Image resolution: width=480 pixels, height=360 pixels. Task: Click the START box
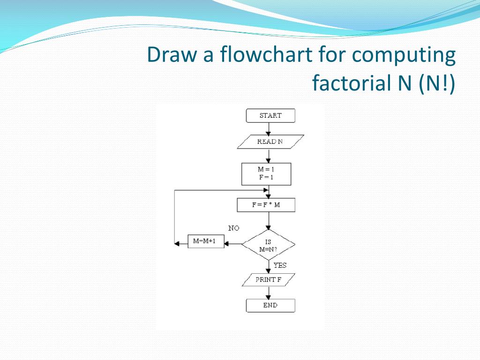(270, 116)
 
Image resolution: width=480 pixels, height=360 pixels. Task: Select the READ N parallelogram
(270, 142)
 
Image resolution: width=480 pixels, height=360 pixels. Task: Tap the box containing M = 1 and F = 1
(266, 174)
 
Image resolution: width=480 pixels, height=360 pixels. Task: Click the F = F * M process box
(266, 205)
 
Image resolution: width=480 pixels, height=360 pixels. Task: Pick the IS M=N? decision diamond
(269, 245)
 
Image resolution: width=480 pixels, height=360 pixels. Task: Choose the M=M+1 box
(206, 241)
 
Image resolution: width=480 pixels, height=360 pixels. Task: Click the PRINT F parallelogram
(269, 280)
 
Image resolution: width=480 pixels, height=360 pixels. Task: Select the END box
(270, 305)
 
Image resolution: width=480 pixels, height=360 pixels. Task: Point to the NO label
(233, 228)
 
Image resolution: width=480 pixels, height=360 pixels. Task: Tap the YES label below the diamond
(280, 265)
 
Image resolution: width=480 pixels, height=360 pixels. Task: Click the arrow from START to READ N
(269, 129)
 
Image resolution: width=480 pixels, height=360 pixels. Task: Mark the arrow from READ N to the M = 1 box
(269, 156)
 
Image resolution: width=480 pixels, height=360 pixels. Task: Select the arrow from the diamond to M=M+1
(233, 244)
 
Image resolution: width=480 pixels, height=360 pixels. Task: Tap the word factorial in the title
(347, 84)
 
